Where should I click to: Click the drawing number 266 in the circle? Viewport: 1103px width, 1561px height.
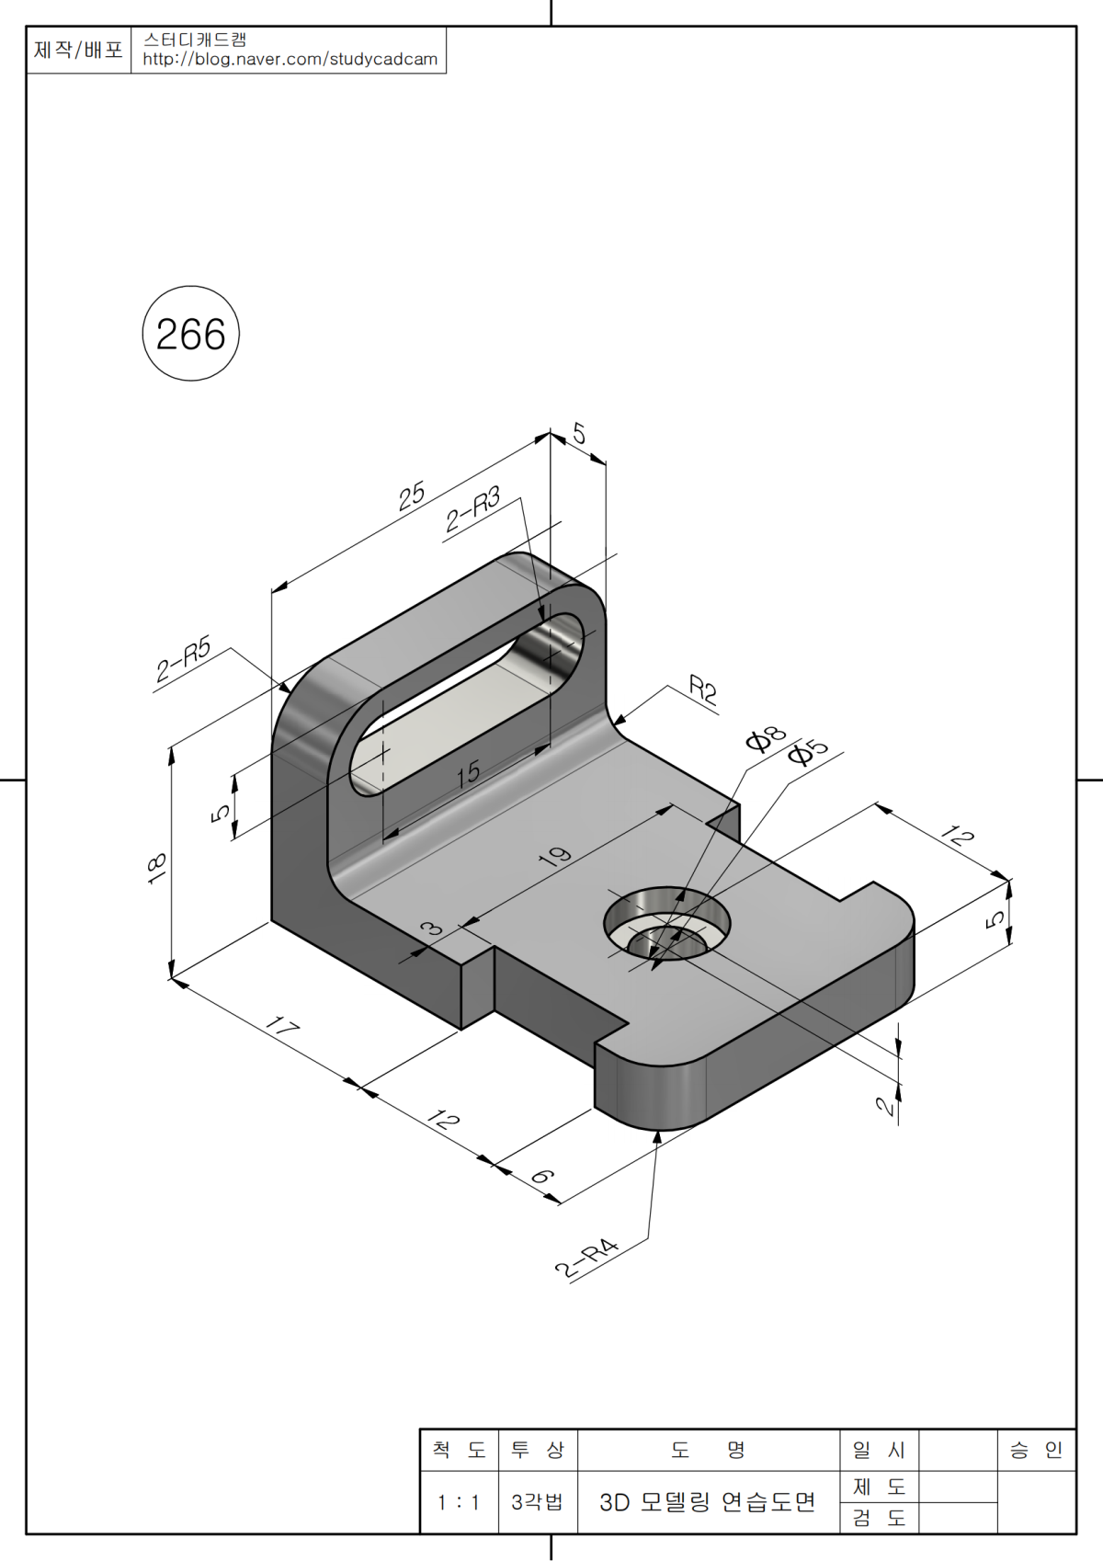(x=190, y=335)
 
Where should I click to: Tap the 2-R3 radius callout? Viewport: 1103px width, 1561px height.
(x=472, y=510)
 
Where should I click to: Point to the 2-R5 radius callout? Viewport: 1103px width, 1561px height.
(x=183, y=658)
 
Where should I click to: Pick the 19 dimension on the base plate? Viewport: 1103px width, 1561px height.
(x=555, y=858)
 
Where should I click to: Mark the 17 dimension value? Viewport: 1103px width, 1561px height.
(x=281, y=1026)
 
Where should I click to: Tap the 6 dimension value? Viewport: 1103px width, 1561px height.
(x=542, y=1177)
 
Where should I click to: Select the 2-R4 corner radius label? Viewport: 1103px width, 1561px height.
(x=586, y=1259)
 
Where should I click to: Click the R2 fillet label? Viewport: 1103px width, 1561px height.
(x=702, y=689)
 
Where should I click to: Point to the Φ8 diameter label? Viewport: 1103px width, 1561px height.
(x=765, y=738)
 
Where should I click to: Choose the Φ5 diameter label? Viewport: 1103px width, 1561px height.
(x=807, y=753)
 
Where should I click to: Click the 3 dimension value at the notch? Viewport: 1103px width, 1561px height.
(x=430, y=929)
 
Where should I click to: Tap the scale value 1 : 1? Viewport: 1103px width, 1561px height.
(x=459, y=1502)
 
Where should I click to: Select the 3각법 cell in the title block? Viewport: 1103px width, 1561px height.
(x=537, y=1502)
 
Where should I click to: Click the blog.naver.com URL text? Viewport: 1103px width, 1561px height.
(x=290, y=60)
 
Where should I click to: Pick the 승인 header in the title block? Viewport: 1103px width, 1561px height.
(x=1035, y=1450)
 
